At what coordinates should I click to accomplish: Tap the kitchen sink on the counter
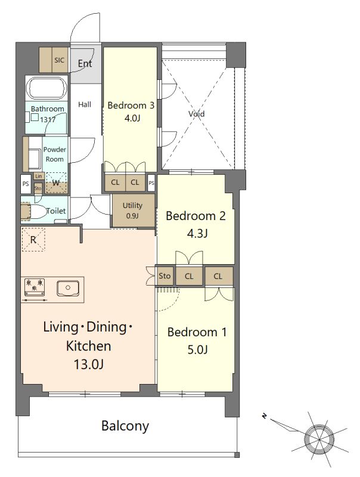(68, 288)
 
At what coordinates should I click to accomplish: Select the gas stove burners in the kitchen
(35, 287)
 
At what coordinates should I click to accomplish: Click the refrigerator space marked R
(33, 240)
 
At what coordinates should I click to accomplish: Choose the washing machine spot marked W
(56, 183)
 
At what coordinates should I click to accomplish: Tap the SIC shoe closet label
(59, 60)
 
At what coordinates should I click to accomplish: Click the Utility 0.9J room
(132, 210)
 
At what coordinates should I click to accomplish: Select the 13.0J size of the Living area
(88, 364)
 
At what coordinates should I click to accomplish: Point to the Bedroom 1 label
(197, 332)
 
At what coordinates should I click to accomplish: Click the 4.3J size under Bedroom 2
(197, 234)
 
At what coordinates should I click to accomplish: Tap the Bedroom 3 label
(131, 106)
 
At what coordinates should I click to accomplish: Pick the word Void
(197, 114)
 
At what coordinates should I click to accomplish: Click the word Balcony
(125, 426)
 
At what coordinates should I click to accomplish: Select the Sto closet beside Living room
(165, 276)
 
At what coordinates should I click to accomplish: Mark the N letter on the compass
(265, 416)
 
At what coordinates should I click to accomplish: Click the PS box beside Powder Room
(26, 184)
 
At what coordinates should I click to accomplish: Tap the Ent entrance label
(85, 64)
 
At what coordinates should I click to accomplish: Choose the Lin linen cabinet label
(39, 176)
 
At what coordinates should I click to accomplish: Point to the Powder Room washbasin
(35, 159)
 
